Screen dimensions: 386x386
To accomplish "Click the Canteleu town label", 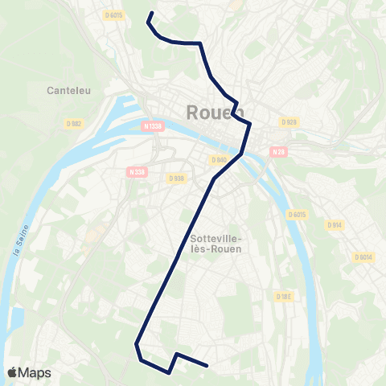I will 68,89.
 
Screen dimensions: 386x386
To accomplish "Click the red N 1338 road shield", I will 152,126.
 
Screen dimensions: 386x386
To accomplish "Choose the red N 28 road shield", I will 278,151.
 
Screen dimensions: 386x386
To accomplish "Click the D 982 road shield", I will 75,123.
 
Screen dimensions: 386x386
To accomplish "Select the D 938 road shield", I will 177,178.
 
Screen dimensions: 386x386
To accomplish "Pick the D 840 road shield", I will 219,160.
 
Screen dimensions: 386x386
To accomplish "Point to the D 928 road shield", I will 289,121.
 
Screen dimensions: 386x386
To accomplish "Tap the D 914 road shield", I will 335,225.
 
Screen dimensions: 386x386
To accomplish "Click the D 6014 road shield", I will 363,257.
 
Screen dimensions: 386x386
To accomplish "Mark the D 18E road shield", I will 284,296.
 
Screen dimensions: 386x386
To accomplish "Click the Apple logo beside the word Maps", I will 13,372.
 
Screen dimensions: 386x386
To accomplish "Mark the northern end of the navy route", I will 151,13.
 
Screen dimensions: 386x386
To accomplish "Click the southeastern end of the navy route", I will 208,366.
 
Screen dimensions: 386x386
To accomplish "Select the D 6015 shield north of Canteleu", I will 114,14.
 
